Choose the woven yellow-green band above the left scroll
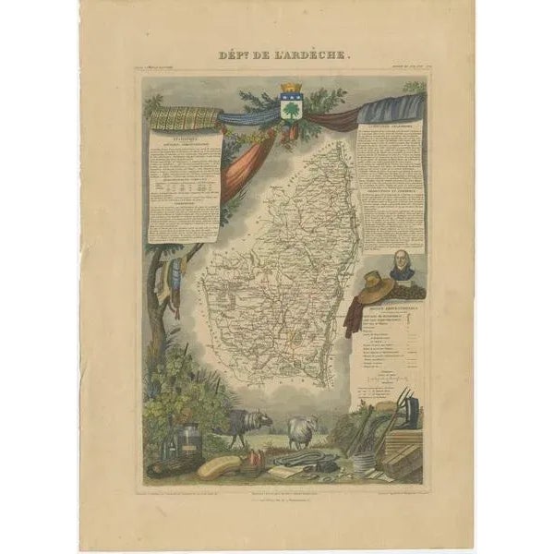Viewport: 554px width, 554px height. (185, 118)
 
